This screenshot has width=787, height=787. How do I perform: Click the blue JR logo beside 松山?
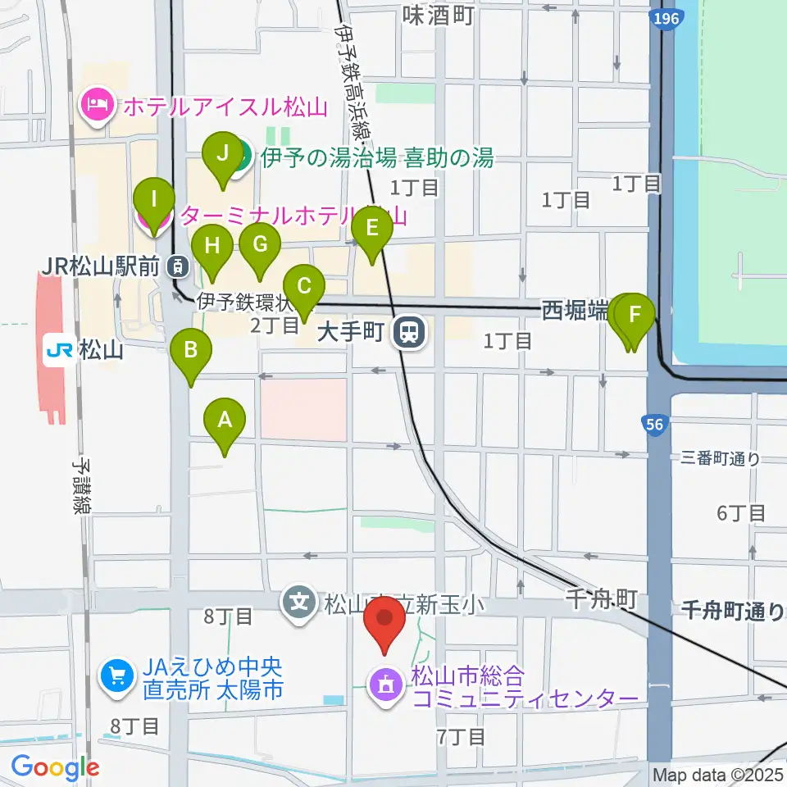[60, 352]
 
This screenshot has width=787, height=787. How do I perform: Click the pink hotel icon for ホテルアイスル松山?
[96, 106]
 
